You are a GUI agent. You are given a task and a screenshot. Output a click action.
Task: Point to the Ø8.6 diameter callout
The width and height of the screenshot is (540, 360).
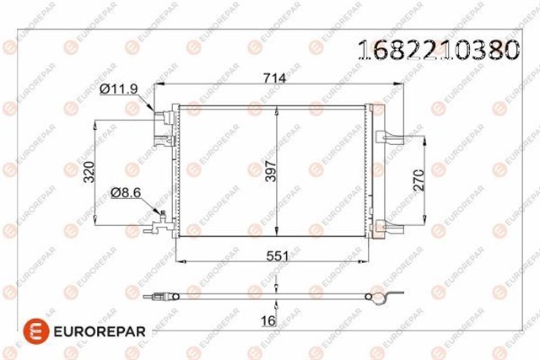pyautogui.click(x=126, y=192)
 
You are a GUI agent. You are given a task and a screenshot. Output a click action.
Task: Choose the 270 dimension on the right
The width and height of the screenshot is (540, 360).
pyautogui.click(x=440, y=179)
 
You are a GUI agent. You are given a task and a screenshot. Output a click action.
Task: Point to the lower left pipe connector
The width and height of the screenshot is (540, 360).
pyautogui.click(x=157, y=224)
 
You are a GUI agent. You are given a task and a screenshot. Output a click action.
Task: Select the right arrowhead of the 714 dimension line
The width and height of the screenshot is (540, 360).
pyautogui.click(x=406, y=83)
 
